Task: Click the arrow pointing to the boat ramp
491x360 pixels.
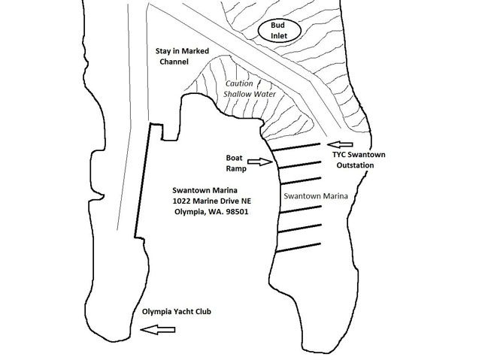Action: pos(257,161)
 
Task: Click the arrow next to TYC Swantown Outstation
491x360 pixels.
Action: pos(341,144)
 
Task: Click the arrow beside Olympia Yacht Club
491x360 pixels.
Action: pos(159,328)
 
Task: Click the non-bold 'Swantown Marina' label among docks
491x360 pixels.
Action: pos(314,197)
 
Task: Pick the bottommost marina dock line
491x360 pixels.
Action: pos(300,244)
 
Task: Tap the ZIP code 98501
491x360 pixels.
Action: pos(236,212)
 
